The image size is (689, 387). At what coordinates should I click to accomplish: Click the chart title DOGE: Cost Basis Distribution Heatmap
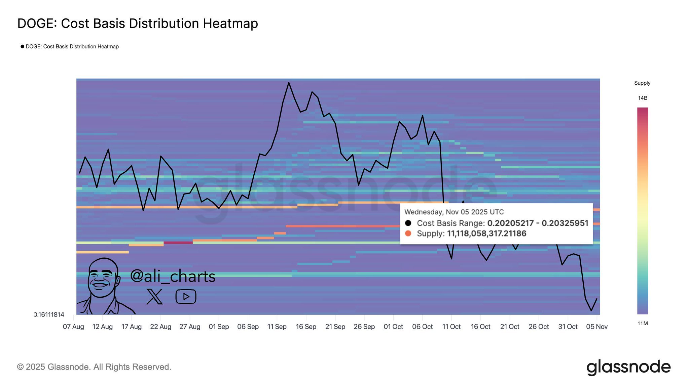[x=138, y=24]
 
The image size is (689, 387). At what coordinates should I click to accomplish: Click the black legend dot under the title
[x=22, y=46]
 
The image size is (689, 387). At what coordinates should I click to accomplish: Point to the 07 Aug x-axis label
[x=73, y=327]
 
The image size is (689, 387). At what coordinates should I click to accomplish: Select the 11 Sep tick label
[x=277, y=327]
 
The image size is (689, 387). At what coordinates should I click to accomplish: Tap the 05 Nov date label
[x=597, y=327]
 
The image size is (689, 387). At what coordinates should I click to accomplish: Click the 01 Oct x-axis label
[x=393, y=327]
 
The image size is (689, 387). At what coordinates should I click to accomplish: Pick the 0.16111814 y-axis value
[x=49, y=315]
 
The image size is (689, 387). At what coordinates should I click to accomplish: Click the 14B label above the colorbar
[x=643, y=98]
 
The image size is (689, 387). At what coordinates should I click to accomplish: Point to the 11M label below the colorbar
[x=643, y=324]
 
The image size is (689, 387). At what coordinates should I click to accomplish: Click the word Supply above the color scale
[x=642, y=83]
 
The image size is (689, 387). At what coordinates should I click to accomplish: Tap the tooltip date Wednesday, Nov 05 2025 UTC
[x=454, y=212]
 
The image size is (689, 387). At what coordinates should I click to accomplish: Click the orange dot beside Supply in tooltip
[x=408, y=233]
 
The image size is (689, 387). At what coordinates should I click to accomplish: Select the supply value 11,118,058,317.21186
[x=486, y=233]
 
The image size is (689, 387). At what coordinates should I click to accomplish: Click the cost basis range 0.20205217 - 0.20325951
[x=538, y=223]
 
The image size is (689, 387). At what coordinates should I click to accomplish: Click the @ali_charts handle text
[x=173, y=276]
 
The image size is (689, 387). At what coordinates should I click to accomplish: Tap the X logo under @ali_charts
[x=154, y=297]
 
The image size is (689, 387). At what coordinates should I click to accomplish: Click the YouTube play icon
[x=186, y=297]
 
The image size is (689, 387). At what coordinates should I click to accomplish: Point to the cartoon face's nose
[x=100, y=278]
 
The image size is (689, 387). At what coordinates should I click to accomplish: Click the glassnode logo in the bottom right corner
[x=628, y=367]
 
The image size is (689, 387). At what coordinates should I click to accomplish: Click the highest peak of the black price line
[x=289, y=83]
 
